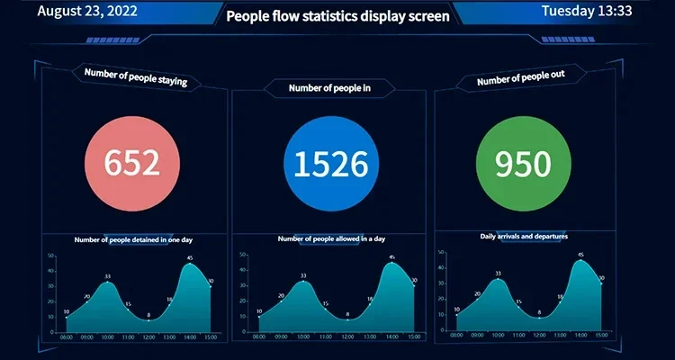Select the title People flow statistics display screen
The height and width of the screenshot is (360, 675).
(337, 16)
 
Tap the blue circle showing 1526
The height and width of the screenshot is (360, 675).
(330, 163)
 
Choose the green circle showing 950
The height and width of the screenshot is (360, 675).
(526, 163)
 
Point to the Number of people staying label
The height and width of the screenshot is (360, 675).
(135, 76)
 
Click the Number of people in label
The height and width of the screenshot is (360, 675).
(329, 87)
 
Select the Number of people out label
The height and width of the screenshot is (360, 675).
(520, 79)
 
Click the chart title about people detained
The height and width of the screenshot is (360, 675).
(133, 239)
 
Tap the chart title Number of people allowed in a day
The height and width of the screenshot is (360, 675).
(331, 238)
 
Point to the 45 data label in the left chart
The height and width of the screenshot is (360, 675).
(190, 258)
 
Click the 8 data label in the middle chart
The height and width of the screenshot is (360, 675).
(346, 314)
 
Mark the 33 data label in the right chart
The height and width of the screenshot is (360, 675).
(498, 274)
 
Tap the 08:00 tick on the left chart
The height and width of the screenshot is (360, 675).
(66, 337)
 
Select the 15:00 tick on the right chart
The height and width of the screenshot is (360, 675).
(601, 336)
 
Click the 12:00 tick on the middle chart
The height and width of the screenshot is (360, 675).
(346, 337)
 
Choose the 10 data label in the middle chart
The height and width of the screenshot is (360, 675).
(260, 312)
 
